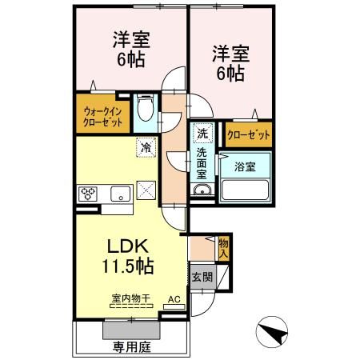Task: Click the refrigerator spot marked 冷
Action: tap(146, 147)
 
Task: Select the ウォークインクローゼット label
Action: tap(102, 117)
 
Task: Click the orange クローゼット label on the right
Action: tap(248, 134)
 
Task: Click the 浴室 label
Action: tap(245, 166)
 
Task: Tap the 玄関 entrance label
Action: tap(200, 278)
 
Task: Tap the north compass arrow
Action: tap(272, 330)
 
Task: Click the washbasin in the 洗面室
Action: tap(201, 190)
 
